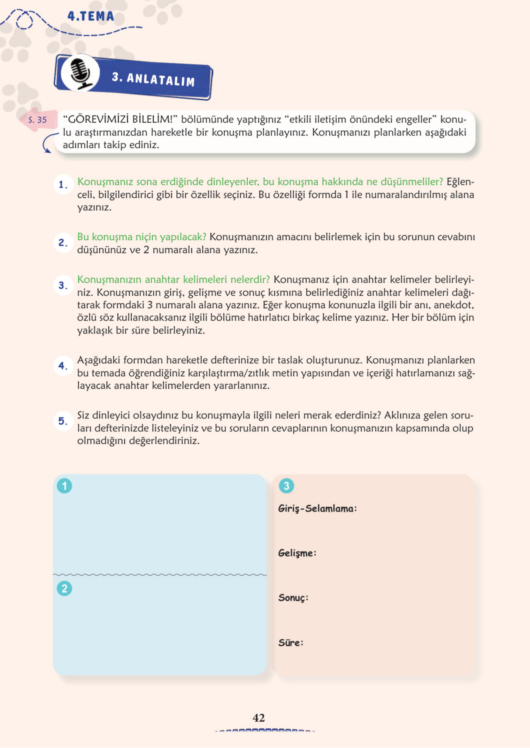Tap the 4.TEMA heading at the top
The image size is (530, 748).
[x=91, y=16]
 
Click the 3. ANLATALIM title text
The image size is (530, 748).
[x=153, y=79]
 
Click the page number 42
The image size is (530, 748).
[x=258, y=717]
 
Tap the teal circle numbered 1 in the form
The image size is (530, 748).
[x=64, y=486]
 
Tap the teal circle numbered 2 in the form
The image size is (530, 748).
[x=64, y=588]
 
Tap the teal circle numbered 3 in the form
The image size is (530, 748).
[x=286, y=486]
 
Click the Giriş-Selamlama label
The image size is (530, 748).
[x=317, y=508]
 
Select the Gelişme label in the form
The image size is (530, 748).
[x=297, y=553]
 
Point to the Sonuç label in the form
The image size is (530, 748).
[x=293, y=598]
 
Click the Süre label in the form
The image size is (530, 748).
[x=290, y=643]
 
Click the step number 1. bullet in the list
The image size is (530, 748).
[x=63, y=184]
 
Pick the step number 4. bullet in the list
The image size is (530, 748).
[x=63, y=366]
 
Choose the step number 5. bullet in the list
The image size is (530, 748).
[x=63, y=421]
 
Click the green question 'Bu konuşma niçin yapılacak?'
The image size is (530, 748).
[x=142, y=237]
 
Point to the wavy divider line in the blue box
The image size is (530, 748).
[x=160, y=575]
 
